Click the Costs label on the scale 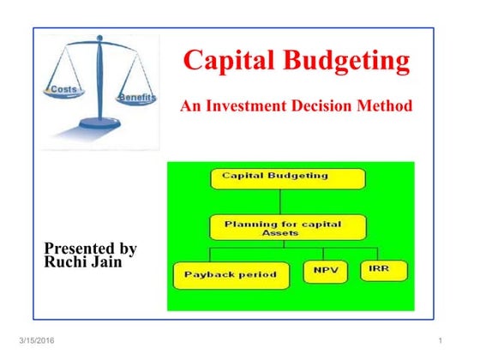pyautogui.click(x=66, y=89)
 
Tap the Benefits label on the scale pyautogui.click(x=138, y=98)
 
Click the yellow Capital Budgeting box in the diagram pyautogui.click(x=287, y=177)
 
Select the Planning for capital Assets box pyautogui.click(x=287, y=227)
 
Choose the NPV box pyautogui.click(x=326, y=272)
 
